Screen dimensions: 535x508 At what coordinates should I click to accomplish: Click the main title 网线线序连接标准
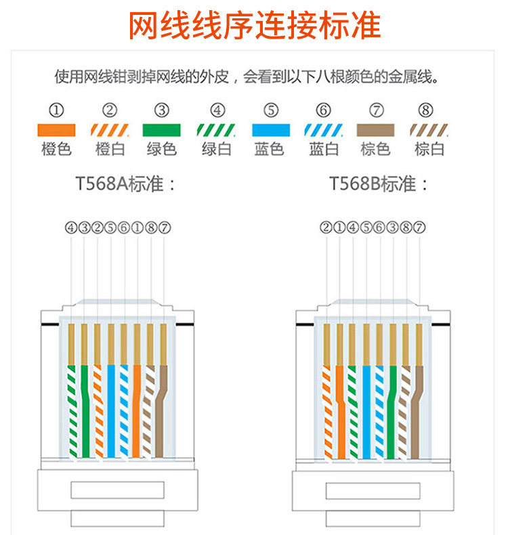255,26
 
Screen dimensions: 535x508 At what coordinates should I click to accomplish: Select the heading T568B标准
379,184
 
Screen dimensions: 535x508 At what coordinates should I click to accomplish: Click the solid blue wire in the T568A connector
111,406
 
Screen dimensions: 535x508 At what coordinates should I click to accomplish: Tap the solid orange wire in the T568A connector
137,406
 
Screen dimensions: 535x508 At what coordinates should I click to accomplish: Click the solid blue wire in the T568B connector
366,406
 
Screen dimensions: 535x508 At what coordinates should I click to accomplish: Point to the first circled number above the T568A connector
71,228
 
